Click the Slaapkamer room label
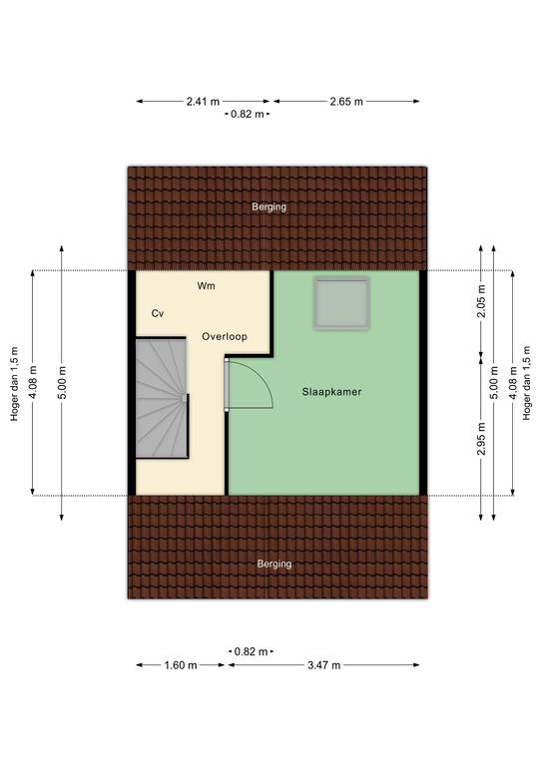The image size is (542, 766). [331, 392]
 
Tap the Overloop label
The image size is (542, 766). [225, 336]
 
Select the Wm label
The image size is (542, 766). [206, 286]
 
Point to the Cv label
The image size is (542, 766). [158, 313]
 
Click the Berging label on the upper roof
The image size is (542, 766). [269, 206]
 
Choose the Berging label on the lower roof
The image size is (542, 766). [274, 564]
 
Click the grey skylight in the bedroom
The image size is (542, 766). [341, 303]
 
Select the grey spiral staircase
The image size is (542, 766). [162, 398]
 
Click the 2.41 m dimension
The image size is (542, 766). [203, 102]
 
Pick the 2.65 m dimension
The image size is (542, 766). [346, 102]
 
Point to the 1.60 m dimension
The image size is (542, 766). [181, 665]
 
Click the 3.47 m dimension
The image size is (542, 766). [323, 665]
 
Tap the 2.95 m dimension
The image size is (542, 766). [481, 438]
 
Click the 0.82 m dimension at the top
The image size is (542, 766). [247, 115]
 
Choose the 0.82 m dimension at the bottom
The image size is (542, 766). [251, 651]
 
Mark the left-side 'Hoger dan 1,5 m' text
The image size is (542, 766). [15, 383]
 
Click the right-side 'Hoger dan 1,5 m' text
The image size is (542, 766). [526, 383]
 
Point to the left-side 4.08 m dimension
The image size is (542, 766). [33, 383]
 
